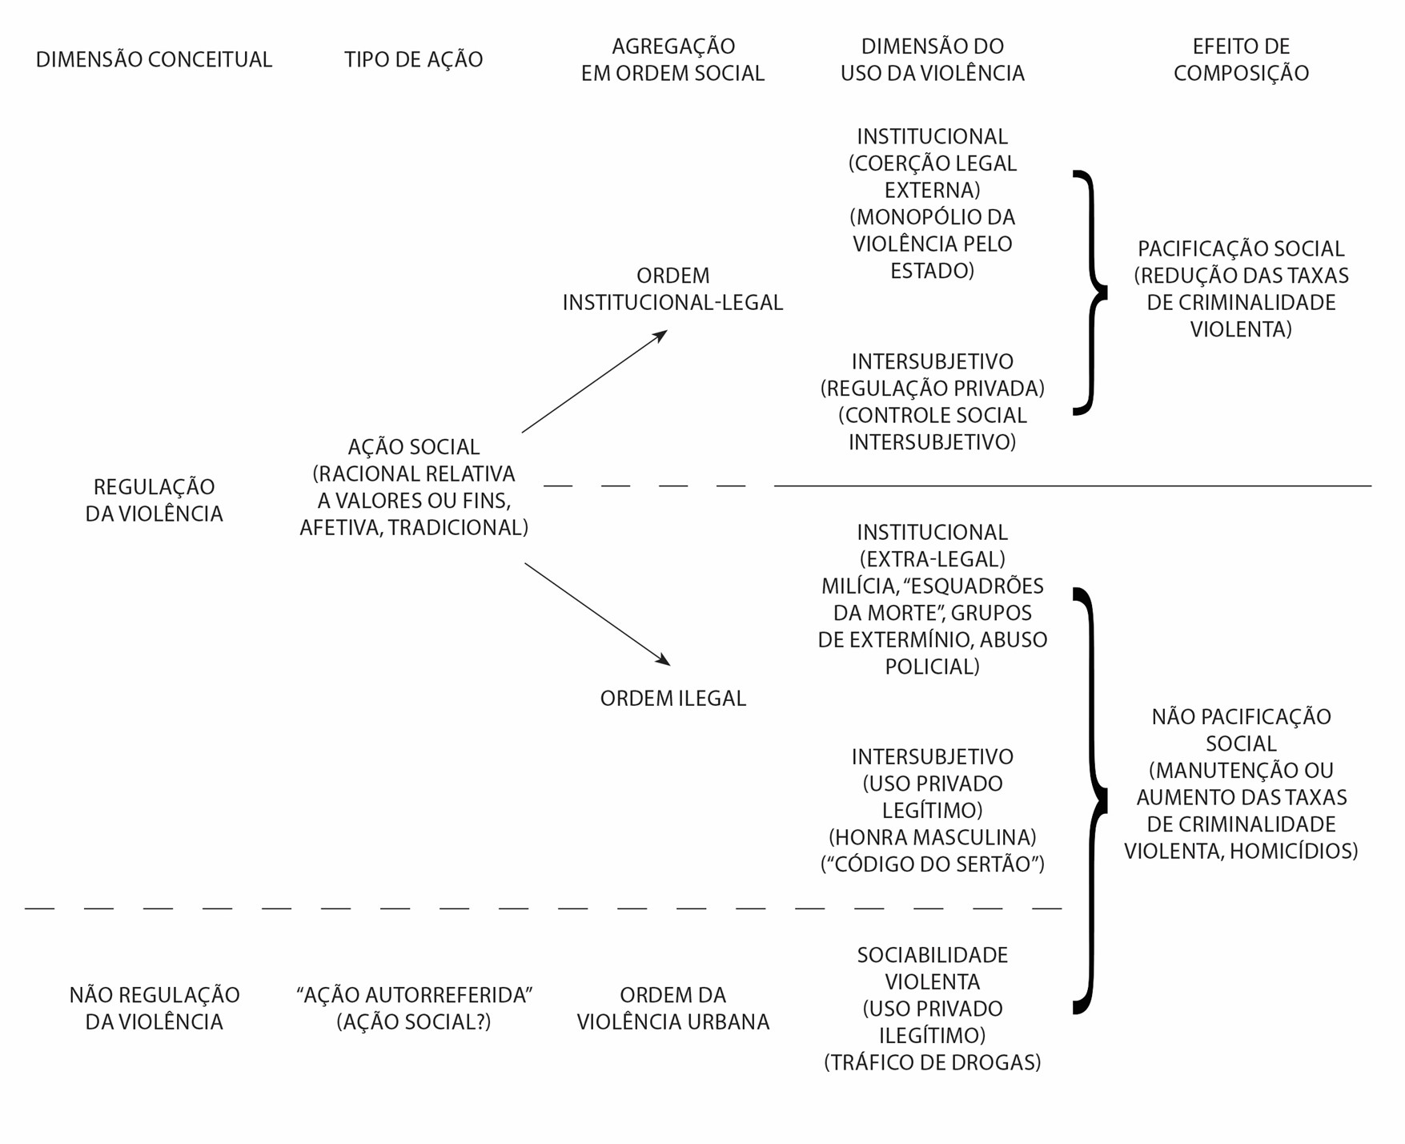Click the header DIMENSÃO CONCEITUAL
(x=154, y=59)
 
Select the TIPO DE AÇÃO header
(x=413, y=59)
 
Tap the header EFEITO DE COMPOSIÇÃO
(x=1241, y=59)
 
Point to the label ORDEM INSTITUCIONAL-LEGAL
(x=672, y=289)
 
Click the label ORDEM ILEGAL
(x=672, y=699)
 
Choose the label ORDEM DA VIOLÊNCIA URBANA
(x=672, y=1009)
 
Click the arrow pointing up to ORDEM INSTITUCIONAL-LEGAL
(x=594, y=382)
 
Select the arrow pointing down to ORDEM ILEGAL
(x=596, y=614)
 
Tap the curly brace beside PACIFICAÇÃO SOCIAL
(x=1090, y=292)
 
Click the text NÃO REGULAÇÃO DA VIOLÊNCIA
(x=154, y=1009)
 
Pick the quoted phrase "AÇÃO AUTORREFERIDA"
(x=414, y=995)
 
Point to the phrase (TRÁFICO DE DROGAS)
(x=933, y=1063)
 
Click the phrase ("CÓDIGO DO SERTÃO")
(x=933, y=864)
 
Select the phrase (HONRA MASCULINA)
(x=933, y=838)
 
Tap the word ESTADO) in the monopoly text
(x=933, y=271)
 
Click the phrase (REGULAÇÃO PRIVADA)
(x=933, y=389)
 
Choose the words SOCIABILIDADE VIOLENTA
(x=933, y=969)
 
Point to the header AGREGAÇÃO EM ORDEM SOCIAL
(x=672, y=59)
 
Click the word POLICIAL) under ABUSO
(x=933, y=667)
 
